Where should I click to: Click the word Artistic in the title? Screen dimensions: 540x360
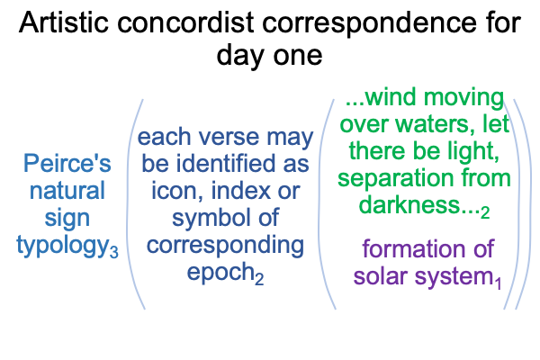click(x=64, y=22)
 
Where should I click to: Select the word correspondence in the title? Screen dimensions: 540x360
click(x=369, y=25)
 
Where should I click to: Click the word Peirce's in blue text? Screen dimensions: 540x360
click(x=67, y=163)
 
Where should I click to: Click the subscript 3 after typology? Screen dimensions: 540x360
click(x=114, y=251)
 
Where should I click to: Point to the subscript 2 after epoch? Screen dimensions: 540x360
click(x=259, y=278)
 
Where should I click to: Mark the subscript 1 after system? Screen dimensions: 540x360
click(x=498, y=283)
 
